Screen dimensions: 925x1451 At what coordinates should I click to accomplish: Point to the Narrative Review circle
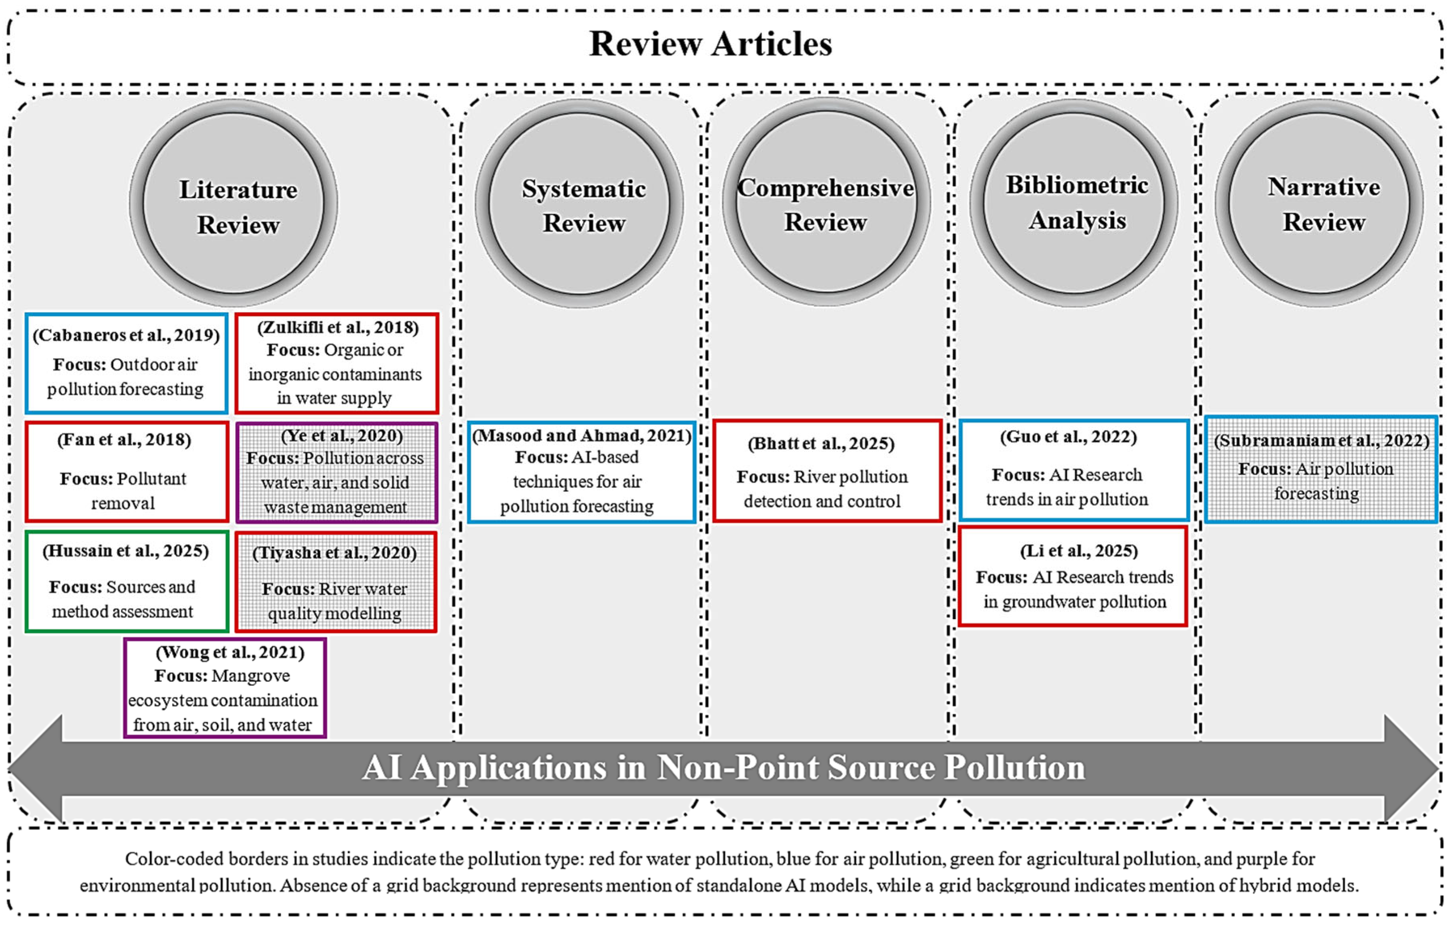pos(1319,204)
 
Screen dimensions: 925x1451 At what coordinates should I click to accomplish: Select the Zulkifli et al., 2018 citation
pos(337,328)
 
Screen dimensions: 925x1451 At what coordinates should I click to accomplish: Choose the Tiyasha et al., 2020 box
pos(336,582)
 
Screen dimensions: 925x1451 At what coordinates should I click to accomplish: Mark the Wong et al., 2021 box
pos(225,688)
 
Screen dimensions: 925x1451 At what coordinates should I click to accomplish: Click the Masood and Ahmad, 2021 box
pos(582,471)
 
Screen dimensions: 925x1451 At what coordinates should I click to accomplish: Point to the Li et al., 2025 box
pos(1073,576)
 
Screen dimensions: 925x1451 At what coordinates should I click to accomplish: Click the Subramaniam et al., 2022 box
pos(1321,469)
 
